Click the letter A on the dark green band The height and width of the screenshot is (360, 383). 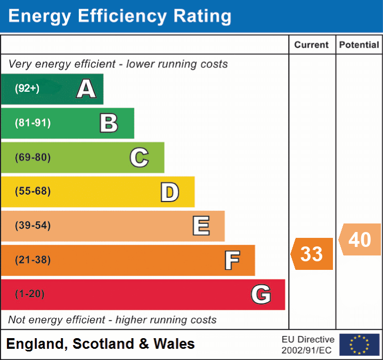(86, 89)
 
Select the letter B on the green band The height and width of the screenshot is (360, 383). (109, 123)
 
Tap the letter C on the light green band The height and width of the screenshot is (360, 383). (139, 157)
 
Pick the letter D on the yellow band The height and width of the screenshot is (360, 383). (169, 192)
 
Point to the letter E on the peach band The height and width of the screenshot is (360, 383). (201, 226)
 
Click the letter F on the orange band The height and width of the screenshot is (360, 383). (232, 260)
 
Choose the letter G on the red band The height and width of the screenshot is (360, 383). (261, 294)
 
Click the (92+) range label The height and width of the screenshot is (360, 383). (27, 89)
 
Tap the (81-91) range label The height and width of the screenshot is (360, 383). (32, 123)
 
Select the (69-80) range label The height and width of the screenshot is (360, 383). (32, 157)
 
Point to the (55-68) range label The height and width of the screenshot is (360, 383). (32, 191)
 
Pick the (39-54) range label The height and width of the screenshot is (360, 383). (32, 226)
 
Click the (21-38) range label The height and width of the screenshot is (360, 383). (32, 260)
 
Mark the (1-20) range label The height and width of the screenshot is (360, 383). (30, 294)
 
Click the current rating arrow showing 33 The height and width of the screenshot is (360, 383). (312, 254)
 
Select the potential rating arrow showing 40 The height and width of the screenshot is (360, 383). (360, 239)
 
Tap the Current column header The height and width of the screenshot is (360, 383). (312, 45)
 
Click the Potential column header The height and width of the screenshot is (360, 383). (359, 45)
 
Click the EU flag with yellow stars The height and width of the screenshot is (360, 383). (359, 345)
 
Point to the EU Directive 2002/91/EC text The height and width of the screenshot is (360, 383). (308, 345)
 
